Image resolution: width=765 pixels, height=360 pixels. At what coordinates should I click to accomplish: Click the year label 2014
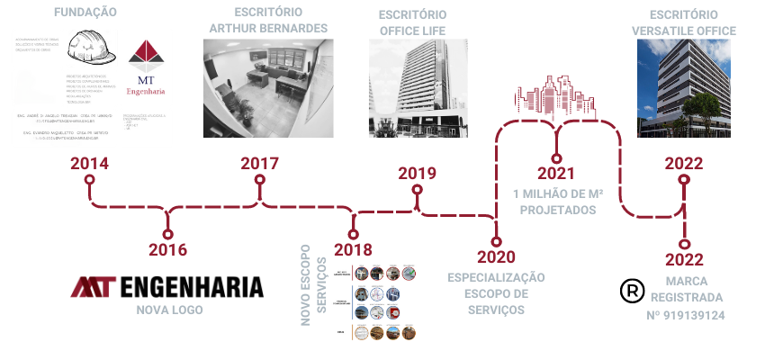89,164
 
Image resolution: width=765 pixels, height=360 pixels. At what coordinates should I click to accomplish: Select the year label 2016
168,249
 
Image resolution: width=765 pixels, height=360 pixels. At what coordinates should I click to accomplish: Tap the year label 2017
259,164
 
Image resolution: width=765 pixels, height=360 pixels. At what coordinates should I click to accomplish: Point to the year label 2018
353,249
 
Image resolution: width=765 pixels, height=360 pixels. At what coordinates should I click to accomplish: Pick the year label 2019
417,173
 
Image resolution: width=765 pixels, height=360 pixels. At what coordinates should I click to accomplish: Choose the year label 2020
496,258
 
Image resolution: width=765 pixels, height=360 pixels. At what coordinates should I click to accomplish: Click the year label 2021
556,173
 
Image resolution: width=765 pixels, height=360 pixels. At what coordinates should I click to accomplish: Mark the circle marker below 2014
89,180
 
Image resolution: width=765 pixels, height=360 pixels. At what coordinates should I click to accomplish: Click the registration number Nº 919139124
686,315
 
